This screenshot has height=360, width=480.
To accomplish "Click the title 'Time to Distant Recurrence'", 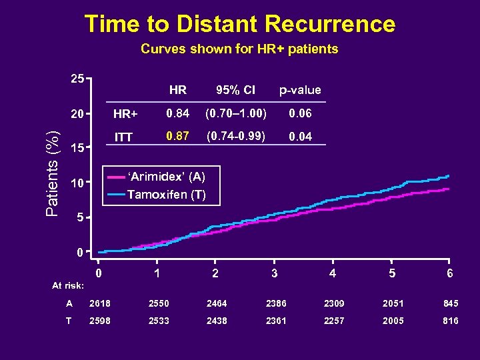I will pyautogui.click(x=239, y=24).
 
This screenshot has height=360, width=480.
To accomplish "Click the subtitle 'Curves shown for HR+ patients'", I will pyautogui.click(x=239, y=49).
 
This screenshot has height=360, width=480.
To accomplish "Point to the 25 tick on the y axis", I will pyautogui.click(x=77, y=79).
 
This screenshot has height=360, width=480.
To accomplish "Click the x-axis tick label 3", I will pyautogui.click(x=274, y=273).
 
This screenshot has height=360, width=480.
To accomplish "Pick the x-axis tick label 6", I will pyautogui.click(x=450, y=273).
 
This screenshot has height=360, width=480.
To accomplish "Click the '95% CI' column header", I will pyautogui.click(x=234, y=90).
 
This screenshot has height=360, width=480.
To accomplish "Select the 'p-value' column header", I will pyautogui.click(x=299, y=90).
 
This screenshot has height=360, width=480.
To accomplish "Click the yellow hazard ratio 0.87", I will pyautogui.click(x=177, y=136).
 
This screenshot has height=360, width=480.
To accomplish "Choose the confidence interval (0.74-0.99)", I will pyautogui.click(x=234, y=136).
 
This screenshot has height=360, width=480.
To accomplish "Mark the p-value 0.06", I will pyautogui.click(x=299, y=113).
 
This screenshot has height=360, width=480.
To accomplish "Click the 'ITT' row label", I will pyautogui.click(x=123, y=137).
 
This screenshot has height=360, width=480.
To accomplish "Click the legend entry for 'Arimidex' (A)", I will pyautogui.click(x=166, y=177).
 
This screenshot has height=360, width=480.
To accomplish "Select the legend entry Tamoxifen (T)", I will pyautogui.click(x=166, y=195).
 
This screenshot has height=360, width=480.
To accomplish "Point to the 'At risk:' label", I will pyautogui.click(x=68, y=285).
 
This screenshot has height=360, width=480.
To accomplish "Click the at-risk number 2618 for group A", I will pyautogui.click(x=99, y=303).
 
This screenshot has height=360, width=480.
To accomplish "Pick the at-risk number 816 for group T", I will pyautogui.click(x=450, y=321).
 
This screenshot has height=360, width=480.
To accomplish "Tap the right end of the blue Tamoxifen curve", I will pyautogui.click(x=449, y=176).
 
